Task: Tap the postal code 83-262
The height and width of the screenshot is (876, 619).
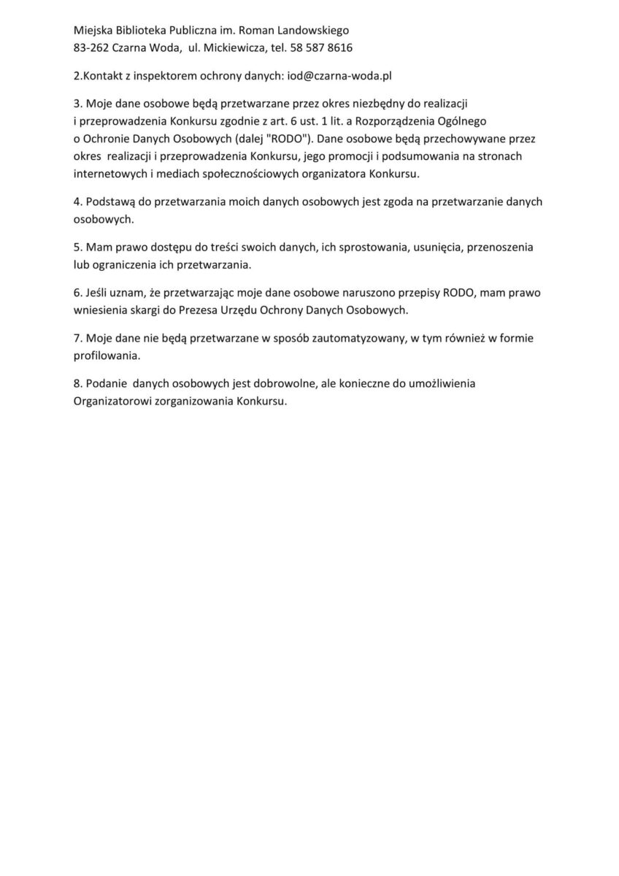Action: pos(91,48)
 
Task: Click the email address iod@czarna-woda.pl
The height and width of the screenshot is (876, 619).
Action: pos(347,76)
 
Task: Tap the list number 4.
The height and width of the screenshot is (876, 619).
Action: pos(77,202)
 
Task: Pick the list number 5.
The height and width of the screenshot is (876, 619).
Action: pos(77,247)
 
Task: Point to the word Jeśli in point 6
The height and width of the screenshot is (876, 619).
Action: pos(98,293)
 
